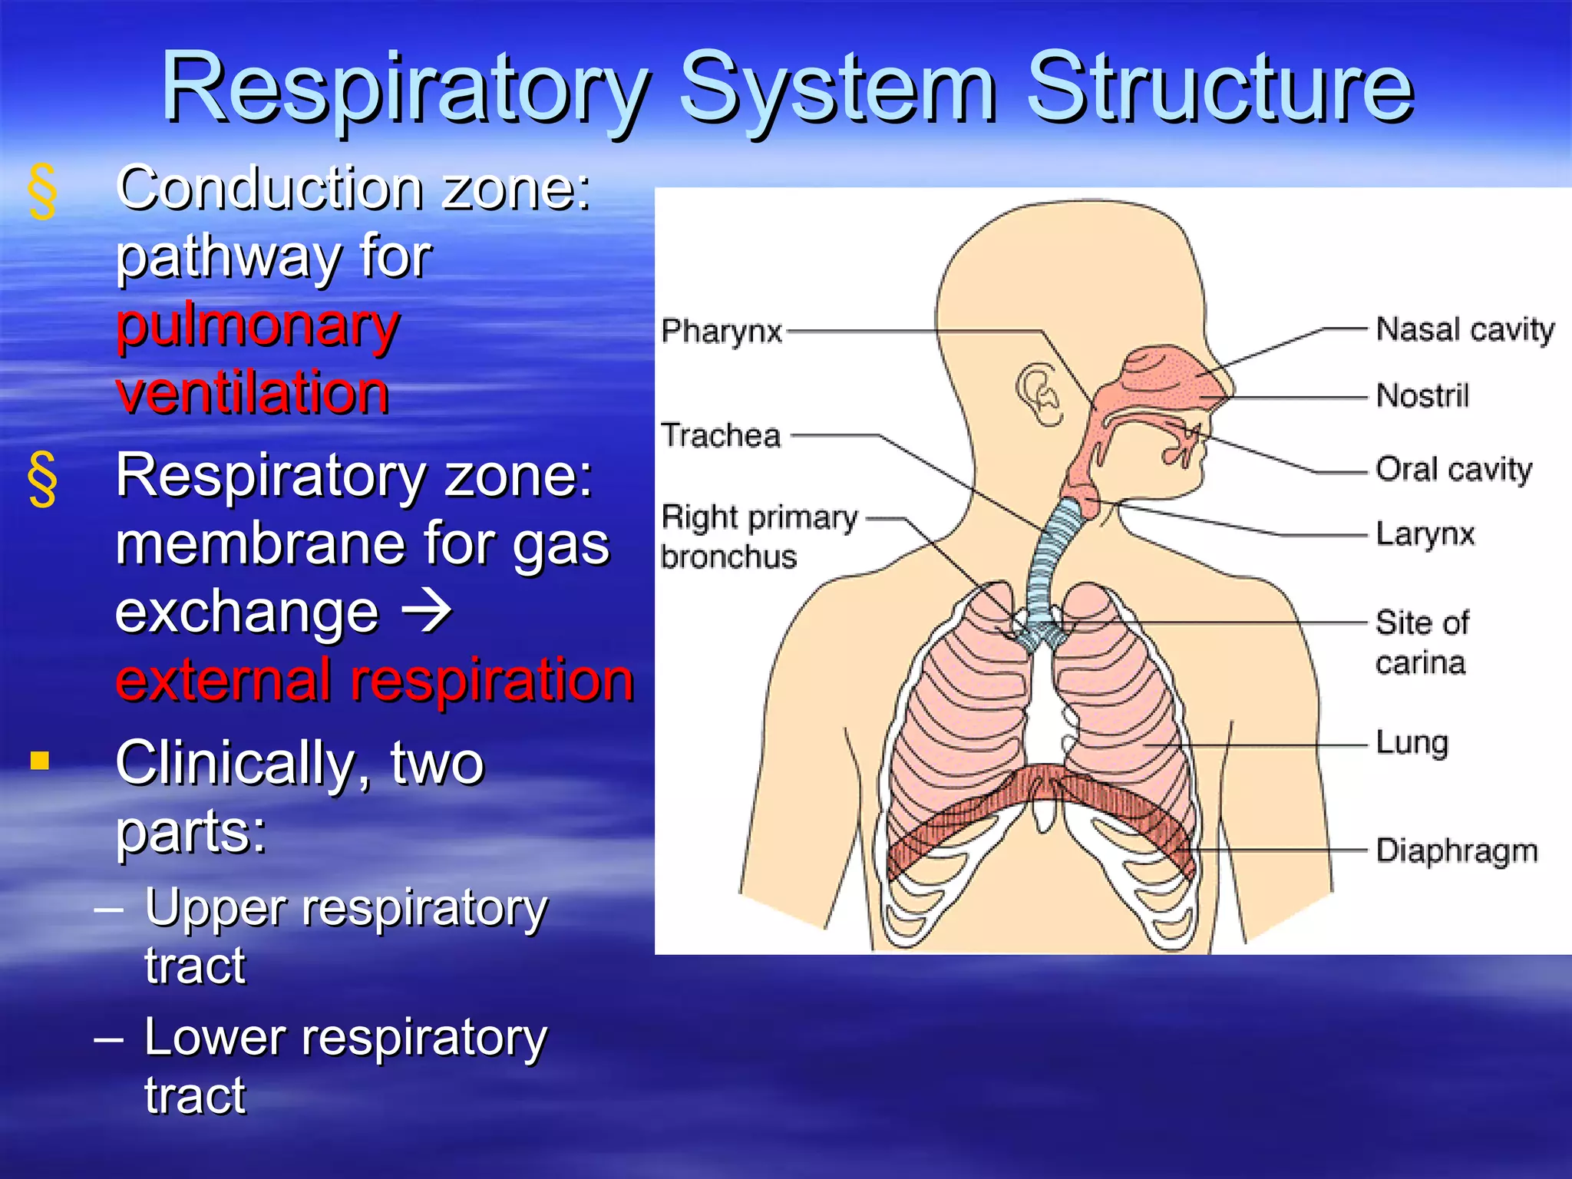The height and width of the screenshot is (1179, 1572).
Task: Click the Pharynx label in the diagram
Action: coord(722,332)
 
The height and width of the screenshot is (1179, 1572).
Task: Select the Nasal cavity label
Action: coord(1465,329)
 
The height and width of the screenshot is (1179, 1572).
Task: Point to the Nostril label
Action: coord(1422,396)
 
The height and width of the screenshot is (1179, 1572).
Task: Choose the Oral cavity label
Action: coord(1454,469)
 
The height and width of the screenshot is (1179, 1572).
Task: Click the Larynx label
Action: coord(1425,533)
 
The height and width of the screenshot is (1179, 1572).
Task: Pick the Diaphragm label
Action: coord(1457,850)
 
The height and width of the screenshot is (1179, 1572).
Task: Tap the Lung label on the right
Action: coord(1412,743)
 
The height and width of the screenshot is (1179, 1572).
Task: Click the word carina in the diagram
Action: coord(1420,662)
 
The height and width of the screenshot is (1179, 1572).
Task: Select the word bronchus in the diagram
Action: coord(729,556)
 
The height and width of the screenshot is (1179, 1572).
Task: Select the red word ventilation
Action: coord(253,392)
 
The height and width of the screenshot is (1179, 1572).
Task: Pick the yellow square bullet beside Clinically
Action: coord(40,761)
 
